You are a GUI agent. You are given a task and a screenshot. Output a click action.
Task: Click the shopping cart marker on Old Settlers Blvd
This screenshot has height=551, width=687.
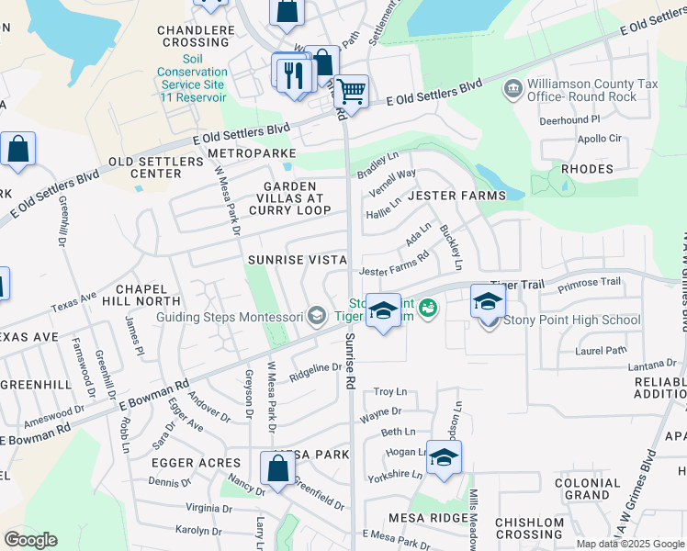(x=350, y=92)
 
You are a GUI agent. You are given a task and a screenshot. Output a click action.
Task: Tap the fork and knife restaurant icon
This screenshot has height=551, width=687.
(x=294, y=73)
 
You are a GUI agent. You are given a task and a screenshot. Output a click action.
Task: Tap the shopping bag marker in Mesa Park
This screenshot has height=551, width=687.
(x=277, y=468)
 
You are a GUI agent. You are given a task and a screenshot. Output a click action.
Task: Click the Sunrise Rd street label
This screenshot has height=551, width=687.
(x=350, y=360)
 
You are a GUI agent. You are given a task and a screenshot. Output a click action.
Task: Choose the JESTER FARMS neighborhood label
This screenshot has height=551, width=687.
(x=456, y=196)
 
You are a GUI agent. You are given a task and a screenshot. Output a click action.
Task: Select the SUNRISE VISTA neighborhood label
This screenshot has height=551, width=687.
(x=297, y=260)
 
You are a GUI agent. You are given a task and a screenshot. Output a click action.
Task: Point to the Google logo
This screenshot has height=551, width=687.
(x=30, y=539)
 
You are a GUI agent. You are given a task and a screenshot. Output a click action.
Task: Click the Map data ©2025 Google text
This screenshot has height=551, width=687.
(x=630, y=544)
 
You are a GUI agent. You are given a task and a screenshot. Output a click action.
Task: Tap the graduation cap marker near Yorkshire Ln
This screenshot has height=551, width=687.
(x=444, y=458)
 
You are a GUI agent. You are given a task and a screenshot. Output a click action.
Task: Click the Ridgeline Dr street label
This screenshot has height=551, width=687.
(x=315, y=367)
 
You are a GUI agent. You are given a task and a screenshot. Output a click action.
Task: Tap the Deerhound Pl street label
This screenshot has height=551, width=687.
(x=569, y=119)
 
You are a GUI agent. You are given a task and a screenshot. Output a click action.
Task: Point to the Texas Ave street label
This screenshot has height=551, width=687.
(x=73, y=301)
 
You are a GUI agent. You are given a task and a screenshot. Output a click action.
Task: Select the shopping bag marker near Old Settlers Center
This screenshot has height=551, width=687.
(x=17, y=150)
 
